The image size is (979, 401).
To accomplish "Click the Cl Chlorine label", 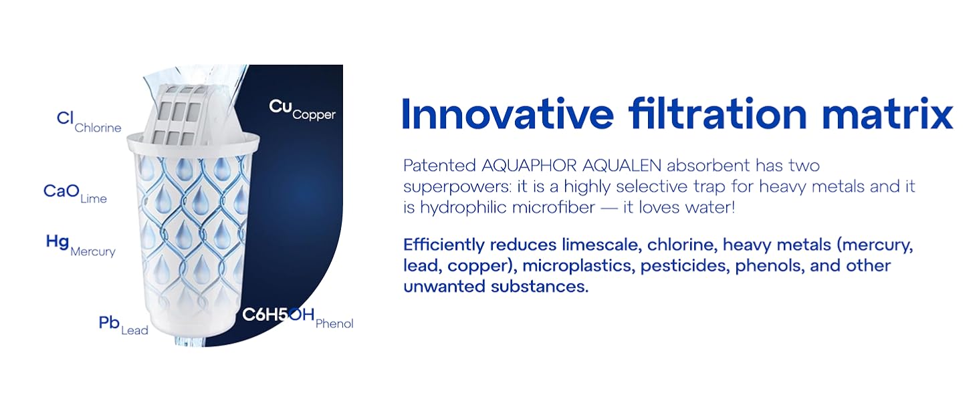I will click(89, 122).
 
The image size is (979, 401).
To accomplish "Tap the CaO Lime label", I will click(75, 193).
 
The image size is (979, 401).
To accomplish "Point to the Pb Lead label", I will click(123, 325).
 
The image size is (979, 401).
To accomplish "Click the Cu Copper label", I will click(302, 110).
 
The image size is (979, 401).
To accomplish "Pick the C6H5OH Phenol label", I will click(298, 318).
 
